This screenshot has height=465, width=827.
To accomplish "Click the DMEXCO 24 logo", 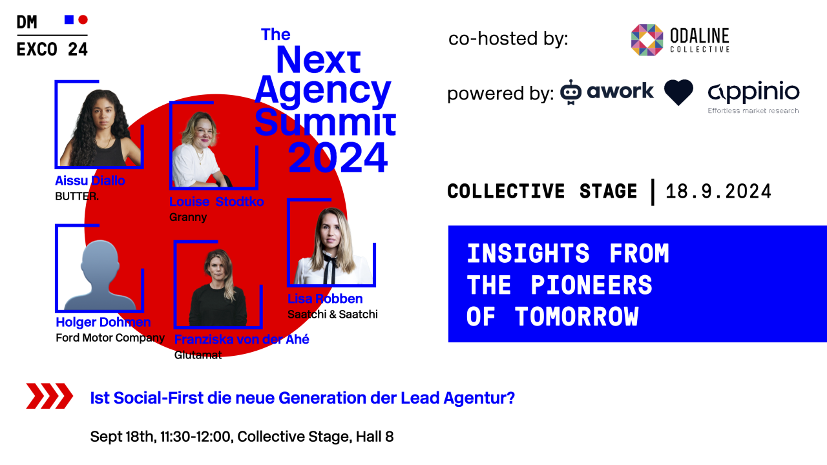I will point(52,36).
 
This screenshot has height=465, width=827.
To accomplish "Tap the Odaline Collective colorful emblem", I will point(647,40).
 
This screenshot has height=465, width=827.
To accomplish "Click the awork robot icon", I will point(571,92).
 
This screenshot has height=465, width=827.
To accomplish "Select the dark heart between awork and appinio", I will point(678,92).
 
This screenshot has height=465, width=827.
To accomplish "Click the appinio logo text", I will point(753,92).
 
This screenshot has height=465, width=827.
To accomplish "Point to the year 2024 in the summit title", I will point(338,158).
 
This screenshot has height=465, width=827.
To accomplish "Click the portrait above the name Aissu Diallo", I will point(99,127).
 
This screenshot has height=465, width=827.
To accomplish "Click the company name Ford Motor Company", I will point(110,338).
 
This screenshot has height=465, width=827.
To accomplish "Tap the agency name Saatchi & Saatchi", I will point(332,315).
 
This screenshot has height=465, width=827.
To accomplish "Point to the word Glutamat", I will point(198,355).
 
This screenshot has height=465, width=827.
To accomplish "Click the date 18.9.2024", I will point(718,192).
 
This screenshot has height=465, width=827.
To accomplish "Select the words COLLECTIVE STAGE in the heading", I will point(542,192).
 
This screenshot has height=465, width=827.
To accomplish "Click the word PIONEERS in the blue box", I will point(591,285).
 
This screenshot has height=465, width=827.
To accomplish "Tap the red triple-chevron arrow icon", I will point(49,396).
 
